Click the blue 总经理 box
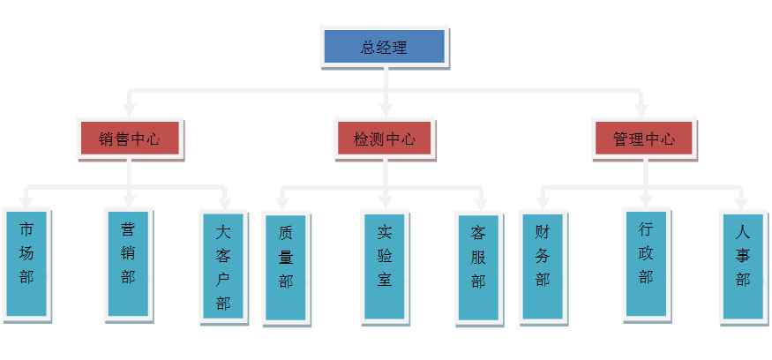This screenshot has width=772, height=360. pyautogui.click(x=384, y=48)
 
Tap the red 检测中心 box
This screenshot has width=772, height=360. pyautogui.click(x=385, y=139)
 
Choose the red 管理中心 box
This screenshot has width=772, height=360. pyautogui.click(x=643, y=139)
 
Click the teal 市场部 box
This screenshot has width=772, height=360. pyautogui.click(x=27, y=262)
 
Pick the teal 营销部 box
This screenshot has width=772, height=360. pyautogui.click(x=128, y=262)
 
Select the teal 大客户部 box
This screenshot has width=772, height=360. pyautogui.click(x=223, y=267)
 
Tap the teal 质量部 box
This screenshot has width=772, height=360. pyautogui.click(x=285, y=267)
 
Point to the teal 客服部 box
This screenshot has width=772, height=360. pyautogui.click(x=478, y=266)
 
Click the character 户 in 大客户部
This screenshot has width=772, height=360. pyautogui.click(x=223, y=280)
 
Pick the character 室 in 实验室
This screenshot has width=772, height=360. pyautogui.click(x=384, y=280)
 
